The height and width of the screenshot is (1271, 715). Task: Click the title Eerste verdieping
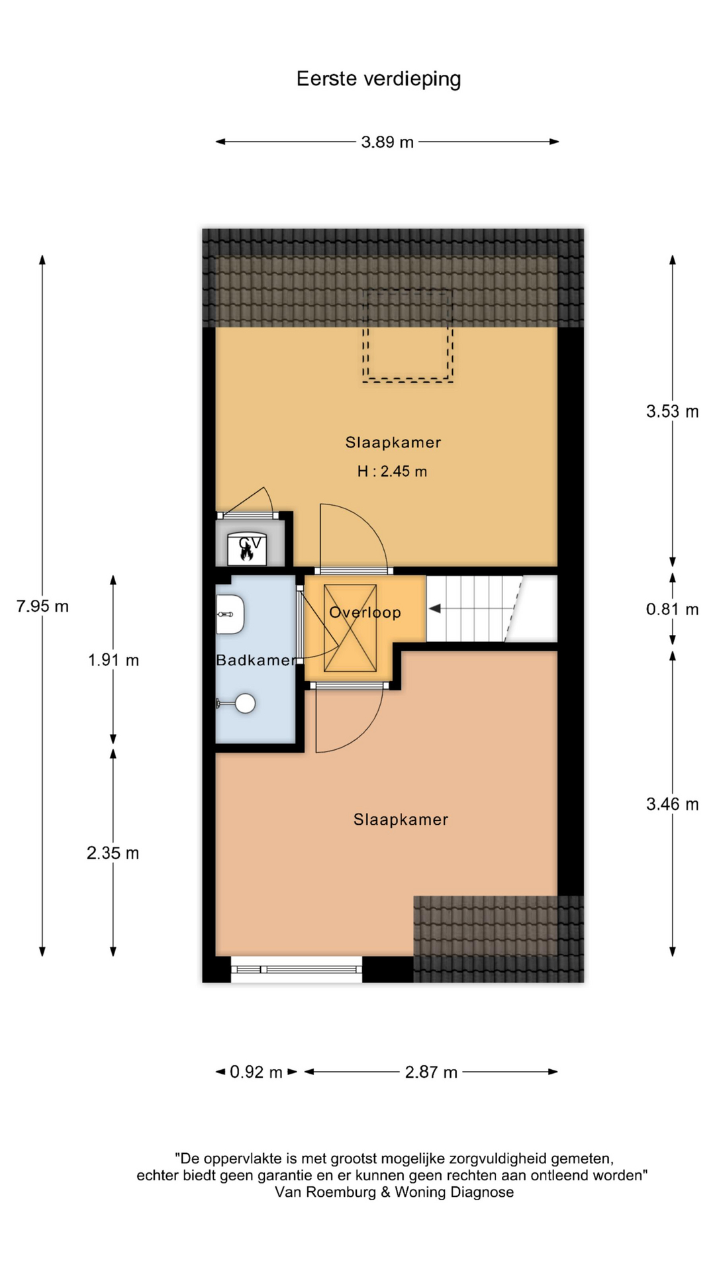tap(378, 79)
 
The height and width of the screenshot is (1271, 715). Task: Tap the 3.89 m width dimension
tap(387, 142)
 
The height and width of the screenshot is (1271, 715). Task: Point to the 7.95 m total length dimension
tap(42, 606)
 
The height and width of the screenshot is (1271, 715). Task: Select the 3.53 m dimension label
tap(672, 411)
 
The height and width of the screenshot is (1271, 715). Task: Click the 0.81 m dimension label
tap(672, 609)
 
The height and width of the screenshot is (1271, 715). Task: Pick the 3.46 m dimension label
tap(672, 804)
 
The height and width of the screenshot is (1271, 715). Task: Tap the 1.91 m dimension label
tap(113, 660)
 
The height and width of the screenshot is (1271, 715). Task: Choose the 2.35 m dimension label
tap(113, 853)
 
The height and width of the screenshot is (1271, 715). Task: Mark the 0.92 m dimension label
tap(256, 1072)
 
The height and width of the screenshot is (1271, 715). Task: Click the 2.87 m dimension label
tap(431, 1072)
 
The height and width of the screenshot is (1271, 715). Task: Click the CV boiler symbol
tap(247, 549)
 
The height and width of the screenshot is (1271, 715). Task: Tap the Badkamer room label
tap(256, 660)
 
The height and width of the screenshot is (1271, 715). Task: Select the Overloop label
tap(365, 612)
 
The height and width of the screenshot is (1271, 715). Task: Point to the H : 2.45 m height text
tap(392, 471)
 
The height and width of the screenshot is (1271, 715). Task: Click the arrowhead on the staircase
tap(435, 608)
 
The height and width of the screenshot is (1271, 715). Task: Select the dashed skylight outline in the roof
tap(408, 336)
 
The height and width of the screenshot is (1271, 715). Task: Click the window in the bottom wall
tap(297, 969)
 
